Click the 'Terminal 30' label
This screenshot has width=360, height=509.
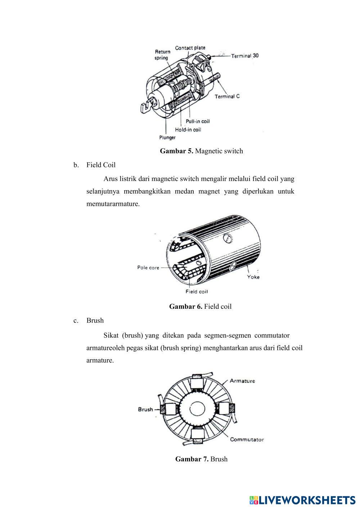(x=244, y=56)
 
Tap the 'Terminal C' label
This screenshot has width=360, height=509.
(x=227, y=96)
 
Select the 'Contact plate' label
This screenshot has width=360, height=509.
(x=190, y=48)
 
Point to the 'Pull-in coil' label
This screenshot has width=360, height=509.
(x=198, y=121)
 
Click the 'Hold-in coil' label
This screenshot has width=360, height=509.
(x=188, y=130)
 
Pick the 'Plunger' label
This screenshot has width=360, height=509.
(x=167, y=138)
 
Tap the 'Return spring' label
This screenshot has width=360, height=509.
(x=162, y=55)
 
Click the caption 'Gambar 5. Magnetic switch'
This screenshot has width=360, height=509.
(x=201, y=151)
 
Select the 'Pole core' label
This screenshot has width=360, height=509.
(x=148, y=268)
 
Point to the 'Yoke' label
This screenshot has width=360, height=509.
(x=253, y=277)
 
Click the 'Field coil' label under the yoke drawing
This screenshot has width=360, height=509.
(x=197, y=292)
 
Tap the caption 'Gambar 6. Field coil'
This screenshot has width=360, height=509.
(x=200, y=307)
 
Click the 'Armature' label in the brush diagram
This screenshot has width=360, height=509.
(x=242, y=381)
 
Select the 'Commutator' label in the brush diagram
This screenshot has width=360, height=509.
(x=247, y=440)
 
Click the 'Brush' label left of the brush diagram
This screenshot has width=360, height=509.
(x=145, y=409)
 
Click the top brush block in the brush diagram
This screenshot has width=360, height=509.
(x=197, y=382)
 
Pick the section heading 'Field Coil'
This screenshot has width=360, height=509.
(x=101, y=165)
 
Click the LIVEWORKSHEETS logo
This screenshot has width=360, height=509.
(x=302, y=500)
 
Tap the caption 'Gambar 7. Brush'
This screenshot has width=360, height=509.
(x=201, y=459)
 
